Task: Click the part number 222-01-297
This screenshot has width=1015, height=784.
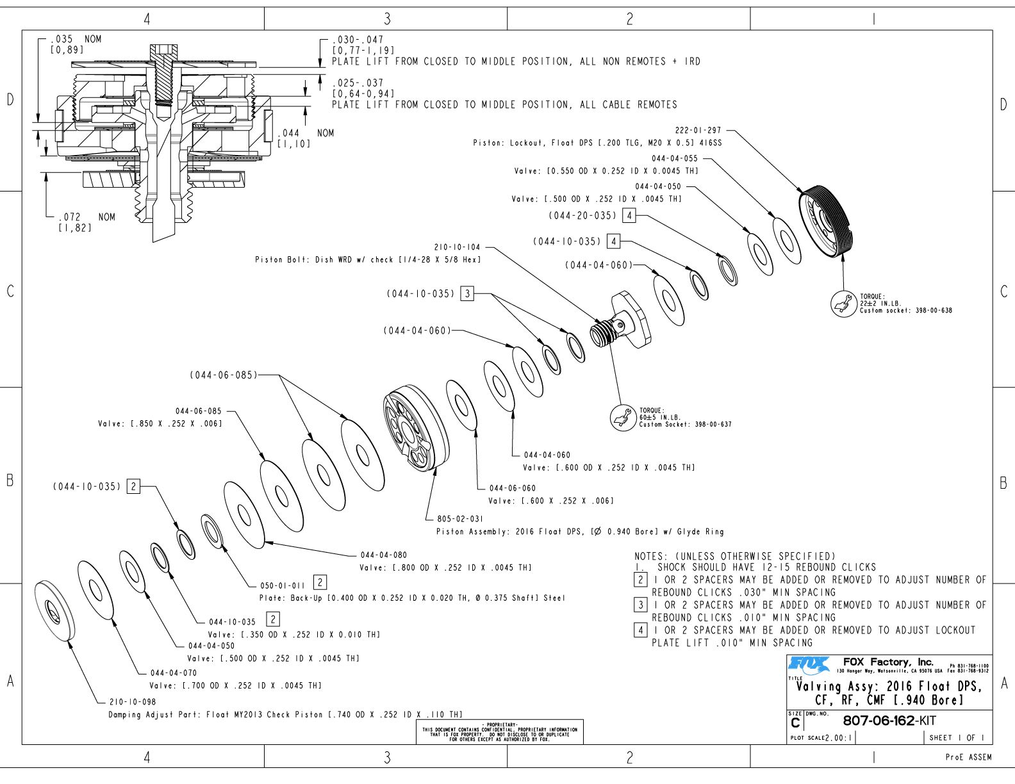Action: [698, 131]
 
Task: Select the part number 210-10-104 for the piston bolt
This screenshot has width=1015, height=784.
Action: [457, 247]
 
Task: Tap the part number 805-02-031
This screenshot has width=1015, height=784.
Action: [460, 519]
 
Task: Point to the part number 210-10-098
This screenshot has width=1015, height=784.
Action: [133, 702]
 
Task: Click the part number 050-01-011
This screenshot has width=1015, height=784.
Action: [283, 585]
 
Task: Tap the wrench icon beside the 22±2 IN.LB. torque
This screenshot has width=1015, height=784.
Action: [843, 304]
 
